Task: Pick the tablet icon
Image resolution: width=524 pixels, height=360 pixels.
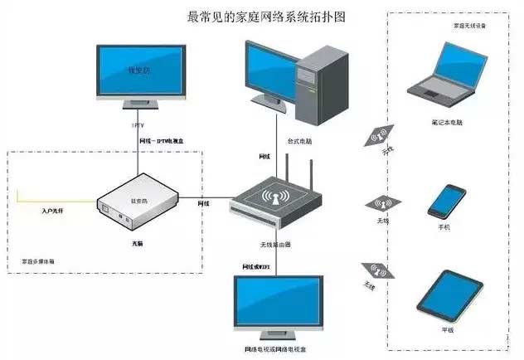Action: (x=448, y=294)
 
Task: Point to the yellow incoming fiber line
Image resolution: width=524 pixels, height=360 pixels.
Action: (x=58, y=200)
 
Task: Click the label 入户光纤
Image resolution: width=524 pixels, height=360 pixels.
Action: (x=53, y=212)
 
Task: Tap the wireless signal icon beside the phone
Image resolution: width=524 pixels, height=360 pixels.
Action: (x=381, y=204)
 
